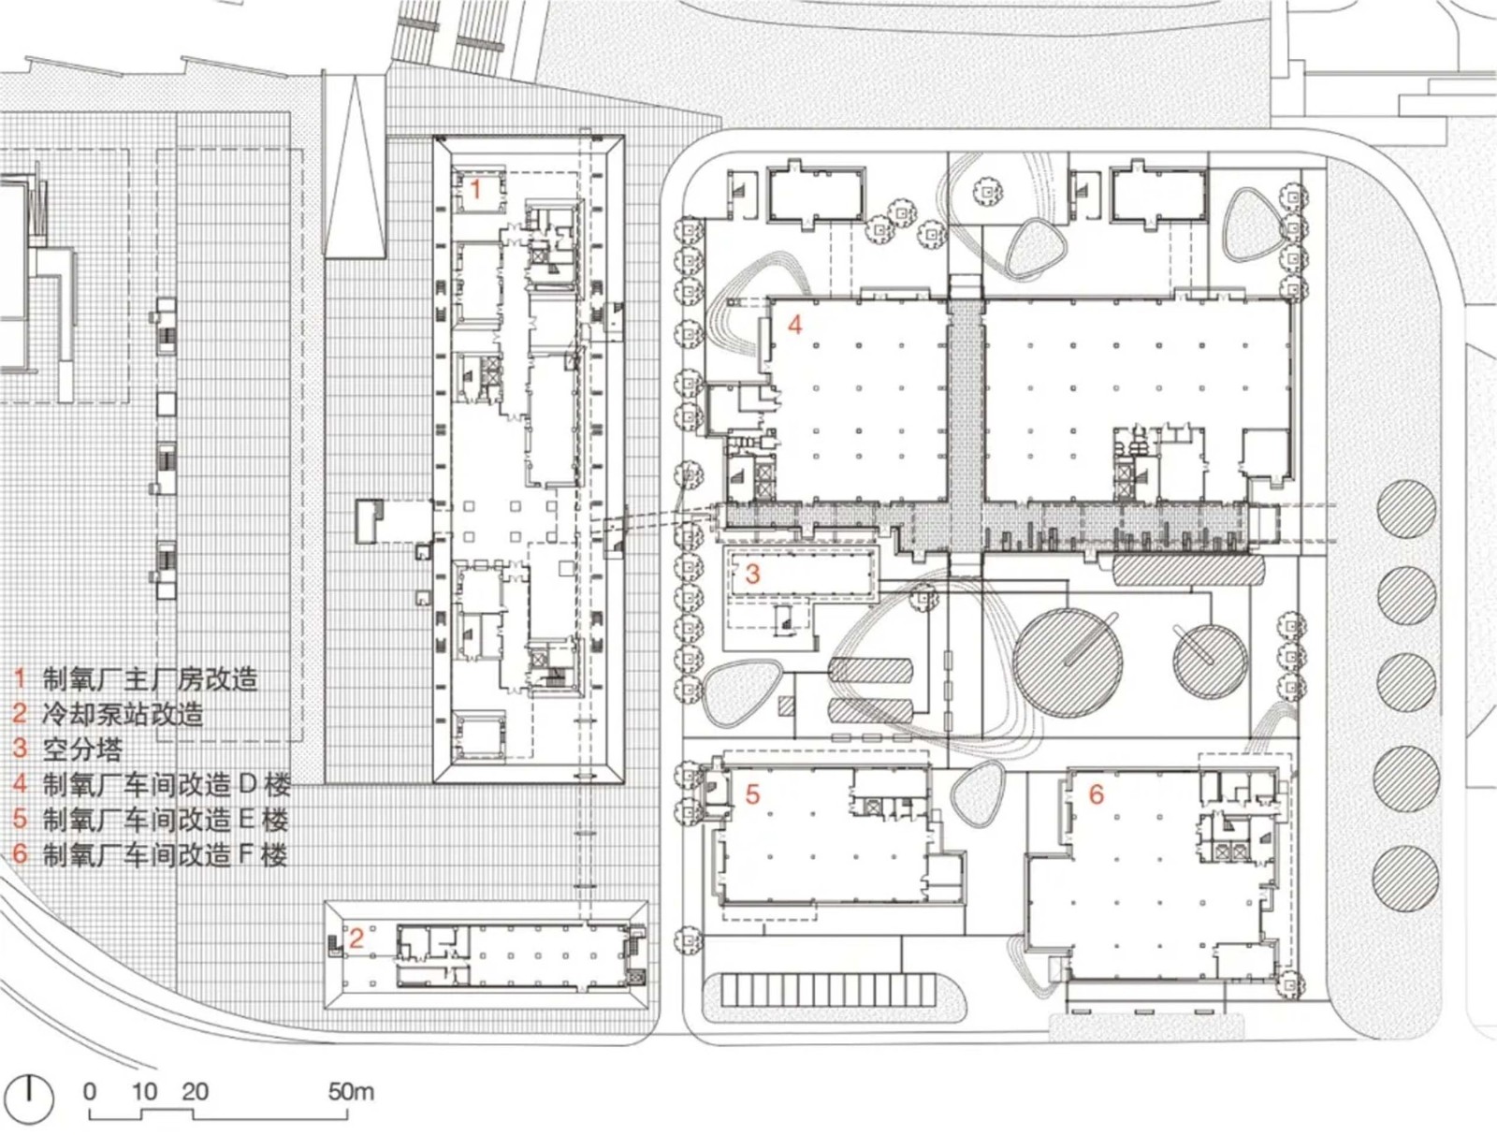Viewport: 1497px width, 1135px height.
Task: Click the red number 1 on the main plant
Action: pos(475,190)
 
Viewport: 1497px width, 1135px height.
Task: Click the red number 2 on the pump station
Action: pos(356,938)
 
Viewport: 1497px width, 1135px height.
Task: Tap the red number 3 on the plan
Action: pos(752,574)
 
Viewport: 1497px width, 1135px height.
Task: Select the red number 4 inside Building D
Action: pos(794,325)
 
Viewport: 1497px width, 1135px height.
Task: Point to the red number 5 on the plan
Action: pos(752,794)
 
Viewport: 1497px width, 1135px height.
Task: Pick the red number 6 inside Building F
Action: pos(1096,794)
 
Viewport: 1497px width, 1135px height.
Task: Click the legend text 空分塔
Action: pos(82,749)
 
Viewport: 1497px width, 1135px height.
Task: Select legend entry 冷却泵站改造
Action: pos(122,714)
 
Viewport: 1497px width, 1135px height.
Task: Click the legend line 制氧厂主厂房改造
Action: pos(150,679)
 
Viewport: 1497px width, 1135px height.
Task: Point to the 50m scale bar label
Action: pos(351,1091)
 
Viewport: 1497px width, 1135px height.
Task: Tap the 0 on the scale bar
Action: pos(89,1091)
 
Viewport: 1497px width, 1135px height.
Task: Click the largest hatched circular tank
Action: pos(1068,662)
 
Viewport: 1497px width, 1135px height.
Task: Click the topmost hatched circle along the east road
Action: pos(1406,509)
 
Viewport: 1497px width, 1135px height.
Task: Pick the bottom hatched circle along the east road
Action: pos(1405,877)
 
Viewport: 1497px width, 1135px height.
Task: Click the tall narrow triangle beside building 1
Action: pos(355,173)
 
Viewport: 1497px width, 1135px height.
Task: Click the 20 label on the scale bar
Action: pos(195,1091)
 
